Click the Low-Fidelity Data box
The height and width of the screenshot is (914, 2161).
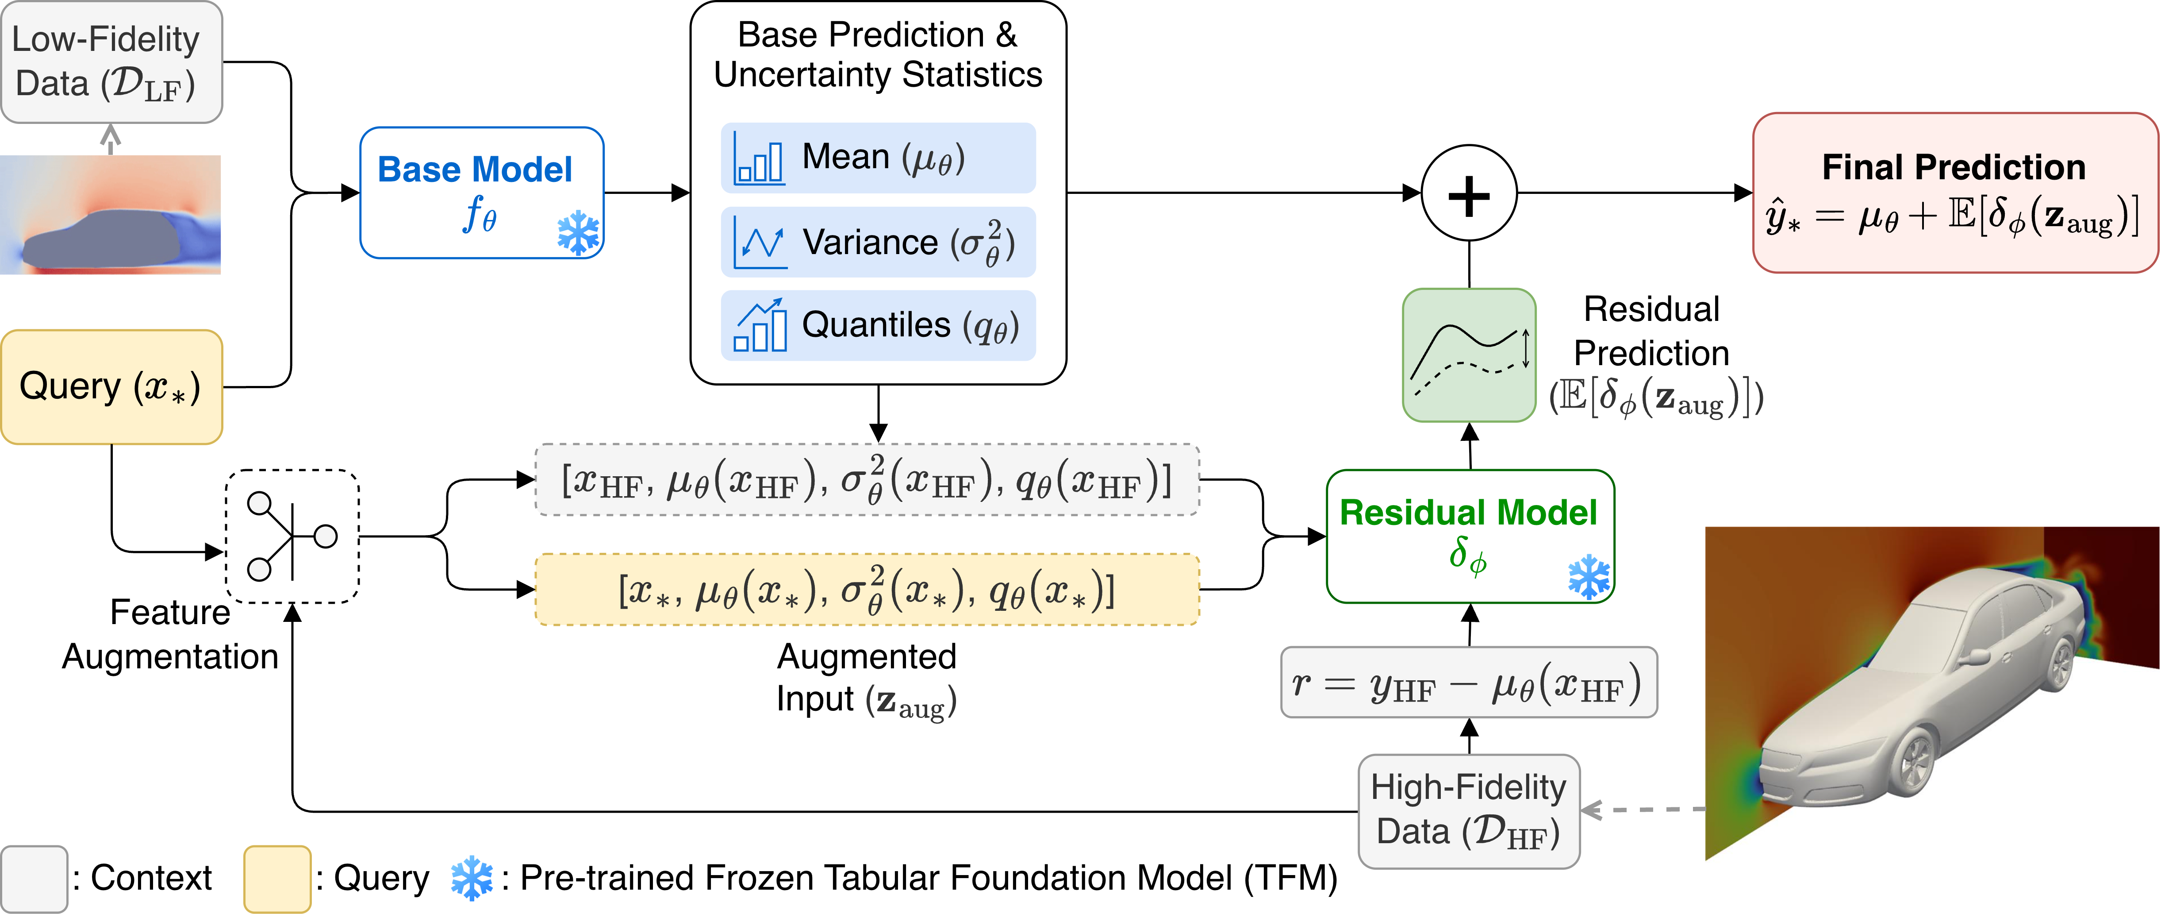click(111, 62)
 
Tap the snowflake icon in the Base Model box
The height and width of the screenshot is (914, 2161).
click(578, 232)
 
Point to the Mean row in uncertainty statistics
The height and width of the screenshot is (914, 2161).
click(878, 158)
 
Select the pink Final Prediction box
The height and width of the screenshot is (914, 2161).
click(1954, 193)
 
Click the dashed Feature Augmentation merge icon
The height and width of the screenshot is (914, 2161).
click(292, 536)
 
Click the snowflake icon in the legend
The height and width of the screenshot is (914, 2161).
click(472, 878)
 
